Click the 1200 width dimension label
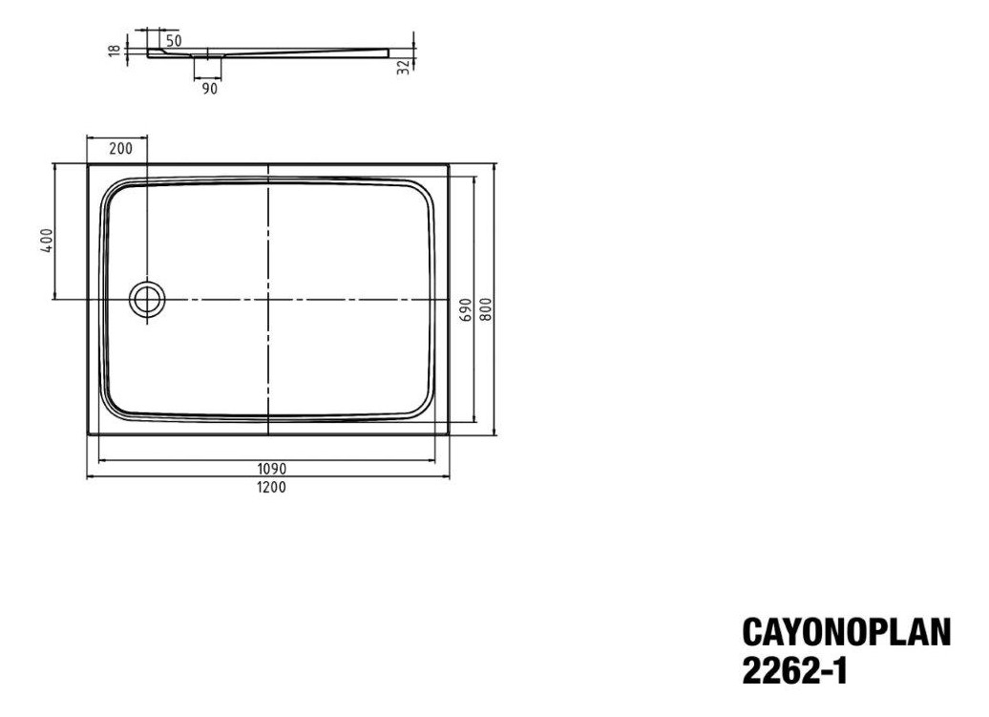pos(269,486)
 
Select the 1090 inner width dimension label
pos(269,469)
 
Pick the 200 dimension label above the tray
pos(120,148)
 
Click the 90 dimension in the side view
pos(210,88)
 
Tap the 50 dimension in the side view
pos(174,40)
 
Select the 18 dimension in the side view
pos(114,50)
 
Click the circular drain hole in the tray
pos(148,300)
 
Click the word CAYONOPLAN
pos(846,633)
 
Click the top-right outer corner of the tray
pos(449,164)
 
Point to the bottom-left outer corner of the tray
pos(88,434)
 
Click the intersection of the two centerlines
pos(268,300)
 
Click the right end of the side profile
pos(392,45)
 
